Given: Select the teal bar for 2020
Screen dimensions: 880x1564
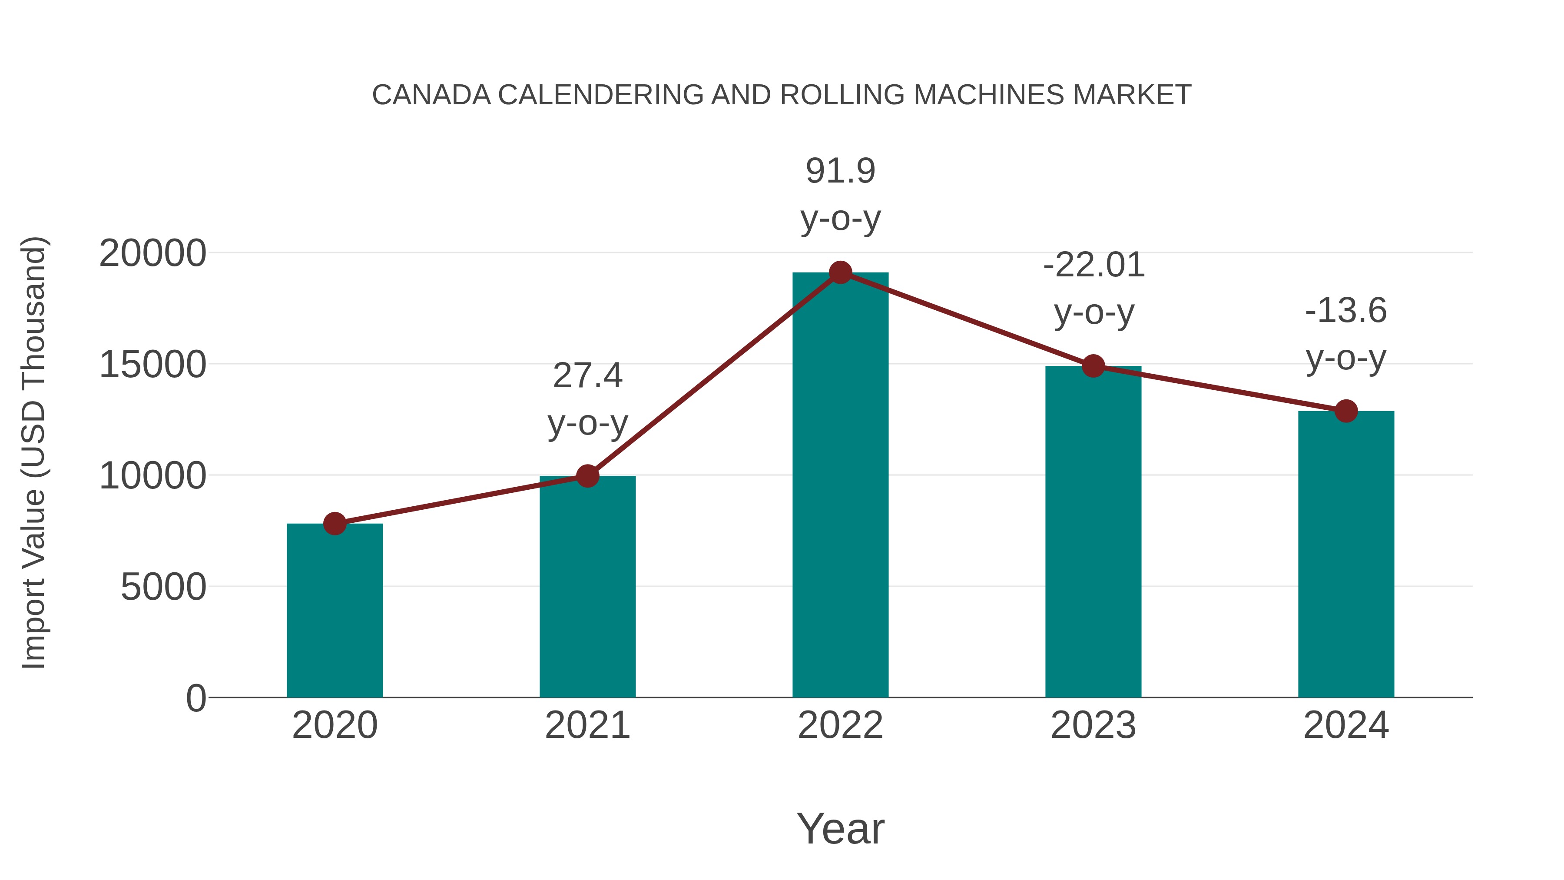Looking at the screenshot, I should tap(335, 611).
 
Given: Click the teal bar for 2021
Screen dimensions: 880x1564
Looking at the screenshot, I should tap(587, 587).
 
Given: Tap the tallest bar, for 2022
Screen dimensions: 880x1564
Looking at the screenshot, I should tap(840, 486).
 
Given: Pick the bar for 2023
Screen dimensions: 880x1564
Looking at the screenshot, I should tap(1093, 532).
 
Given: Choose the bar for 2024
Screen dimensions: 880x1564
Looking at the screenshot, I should tap(1346, 554).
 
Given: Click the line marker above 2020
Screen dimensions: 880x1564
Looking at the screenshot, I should tap(335, 523).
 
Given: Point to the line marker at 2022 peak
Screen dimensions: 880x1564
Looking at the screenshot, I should tap(840, 272).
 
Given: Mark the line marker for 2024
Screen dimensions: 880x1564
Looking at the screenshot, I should tap(1346, 411).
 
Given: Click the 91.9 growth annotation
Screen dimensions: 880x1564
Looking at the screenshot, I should tap(840, 171).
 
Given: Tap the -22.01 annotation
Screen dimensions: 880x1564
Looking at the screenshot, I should tap(1093, 266).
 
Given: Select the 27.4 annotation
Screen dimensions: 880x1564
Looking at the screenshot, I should tap(587, 376).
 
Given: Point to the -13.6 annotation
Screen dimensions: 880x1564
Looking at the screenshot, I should tap(1346, 311).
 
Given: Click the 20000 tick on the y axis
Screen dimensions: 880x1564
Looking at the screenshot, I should tap(152, 253).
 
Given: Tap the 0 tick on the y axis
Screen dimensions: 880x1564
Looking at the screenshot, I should tap(195, 698).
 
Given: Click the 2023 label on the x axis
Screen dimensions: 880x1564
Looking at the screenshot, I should tap(1093, 725).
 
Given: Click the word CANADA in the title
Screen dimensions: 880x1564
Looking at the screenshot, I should tap(431, 95).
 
